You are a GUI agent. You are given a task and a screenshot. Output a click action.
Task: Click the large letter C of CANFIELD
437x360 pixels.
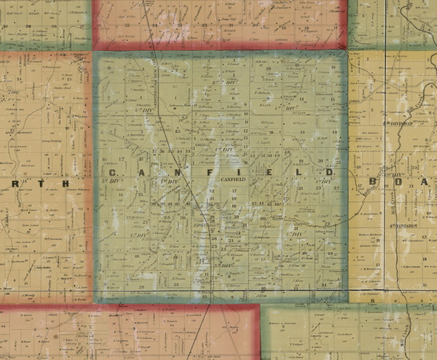tap(113, 172)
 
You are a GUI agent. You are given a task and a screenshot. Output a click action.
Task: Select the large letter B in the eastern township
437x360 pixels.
tap(375, 181)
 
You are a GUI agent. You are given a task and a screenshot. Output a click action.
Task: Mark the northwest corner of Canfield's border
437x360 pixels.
tap(95, 53)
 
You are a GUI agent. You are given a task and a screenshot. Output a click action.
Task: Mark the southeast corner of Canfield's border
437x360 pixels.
tap(346, 301)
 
